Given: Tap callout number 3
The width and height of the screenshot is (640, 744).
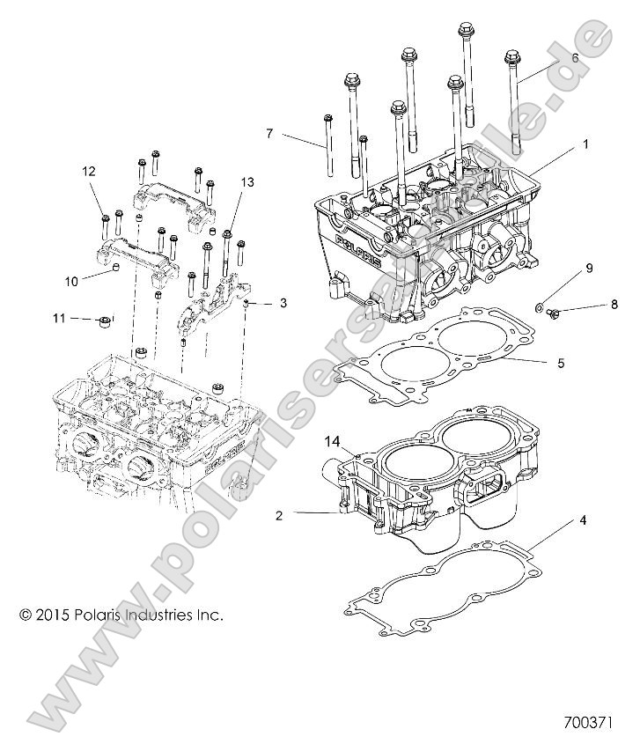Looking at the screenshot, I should [x=283, y=303].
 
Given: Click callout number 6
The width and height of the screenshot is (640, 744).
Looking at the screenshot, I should [x=575, y=57].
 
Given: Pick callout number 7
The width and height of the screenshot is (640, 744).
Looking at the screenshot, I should [x=271, y=134].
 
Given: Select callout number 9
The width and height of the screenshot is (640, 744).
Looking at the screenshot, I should [x=590, y=268].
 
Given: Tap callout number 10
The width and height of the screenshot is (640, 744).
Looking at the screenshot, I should [x=71, y=281].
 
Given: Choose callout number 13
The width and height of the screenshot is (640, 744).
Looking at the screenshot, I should [x=246, y=182].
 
